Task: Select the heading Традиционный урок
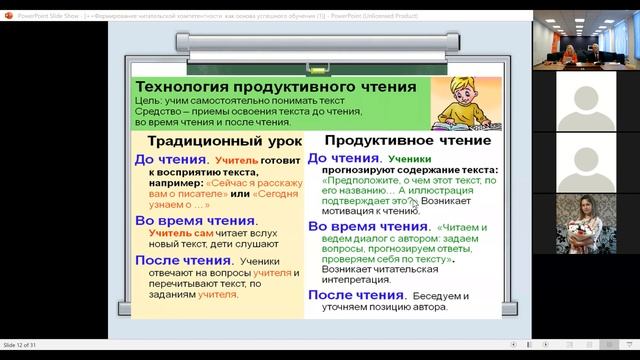(x=215, y=142)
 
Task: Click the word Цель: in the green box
(x=152, y=104)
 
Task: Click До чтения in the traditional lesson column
(x=171, y=159)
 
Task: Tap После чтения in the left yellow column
(x=183, y=260)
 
